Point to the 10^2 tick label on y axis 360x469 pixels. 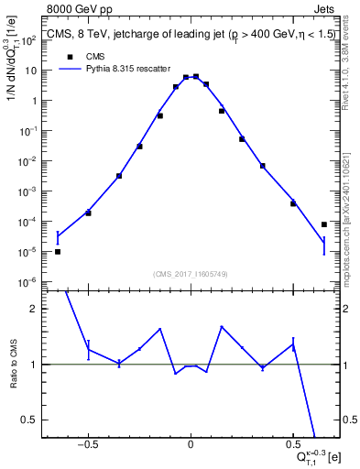pyautogui.click(x=29, y=41)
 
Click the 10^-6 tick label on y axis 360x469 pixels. pyautogui.click(x=29, y=282)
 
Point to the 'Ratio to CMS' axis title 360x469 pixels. pyautogui.click(x=12, y=364)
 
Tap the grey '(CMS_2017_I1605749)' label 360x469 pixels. pyautogui.click(x=191, y=274)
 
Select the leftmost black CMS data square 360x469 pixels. pyautogui.click(x=58, y=251)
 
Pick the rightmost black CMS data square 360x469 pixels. pyautogui.click(x=324, y=224)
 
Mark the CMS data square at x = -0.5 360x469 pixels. pyautogui.click(x=88, y=213)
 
